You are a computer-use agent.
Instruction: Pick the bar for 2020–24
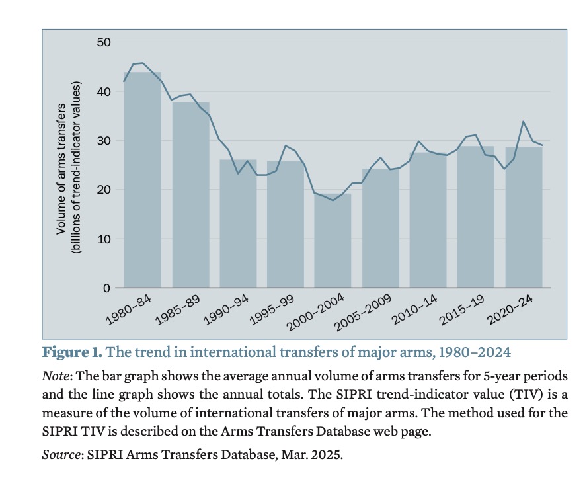tap(523, 218)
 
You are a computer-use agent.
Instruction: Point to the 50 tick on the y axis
tap(103, 42)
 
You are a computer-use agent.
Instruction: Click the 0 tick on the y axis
tap(106, 288)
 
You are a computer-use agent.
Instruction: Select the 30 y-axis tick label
tap(103, 141)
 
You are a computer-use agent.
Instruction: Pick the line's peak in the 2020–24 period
tap(524, 121)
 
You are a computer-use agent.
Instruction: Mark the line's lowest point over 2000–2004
tap(333, 200)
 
